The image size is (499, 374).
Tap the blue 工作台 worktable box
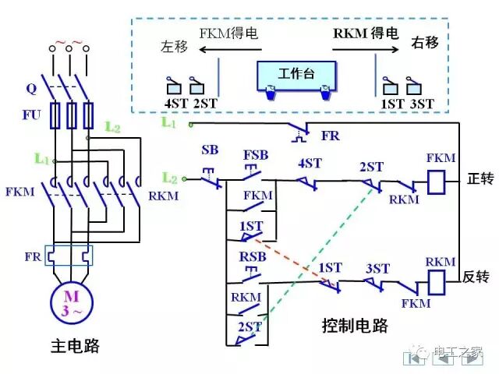tap(296, 76)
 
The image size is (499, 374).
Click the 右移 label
tap(424, 42)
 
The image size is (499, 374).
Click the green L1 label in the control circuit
tap(170, 122)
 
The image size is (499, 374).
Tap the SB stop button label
tap(210, 149)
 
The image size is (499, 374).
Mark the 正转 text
tap(479, 178)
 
